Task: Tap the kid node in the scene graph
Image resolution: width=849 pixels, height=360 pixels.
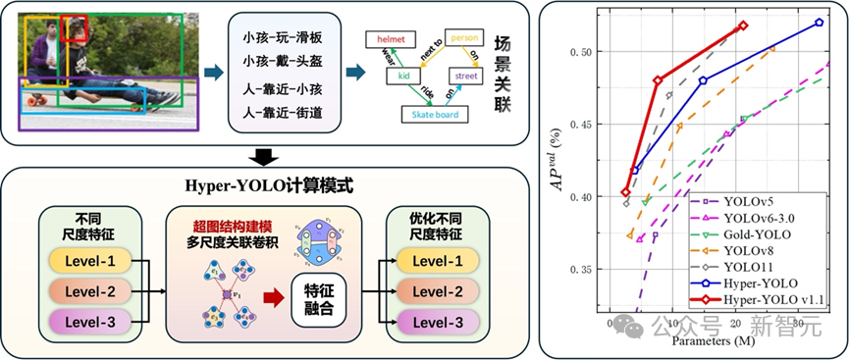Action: point(402,76)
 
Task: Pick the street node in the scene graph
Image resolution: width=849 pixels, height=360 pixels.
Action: point(467,75)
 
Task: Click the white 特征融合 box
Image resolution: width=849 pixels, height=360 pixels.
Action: point(320,293)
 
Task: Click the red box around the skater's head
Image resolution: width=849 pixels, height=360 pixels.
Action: point(76,29)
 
